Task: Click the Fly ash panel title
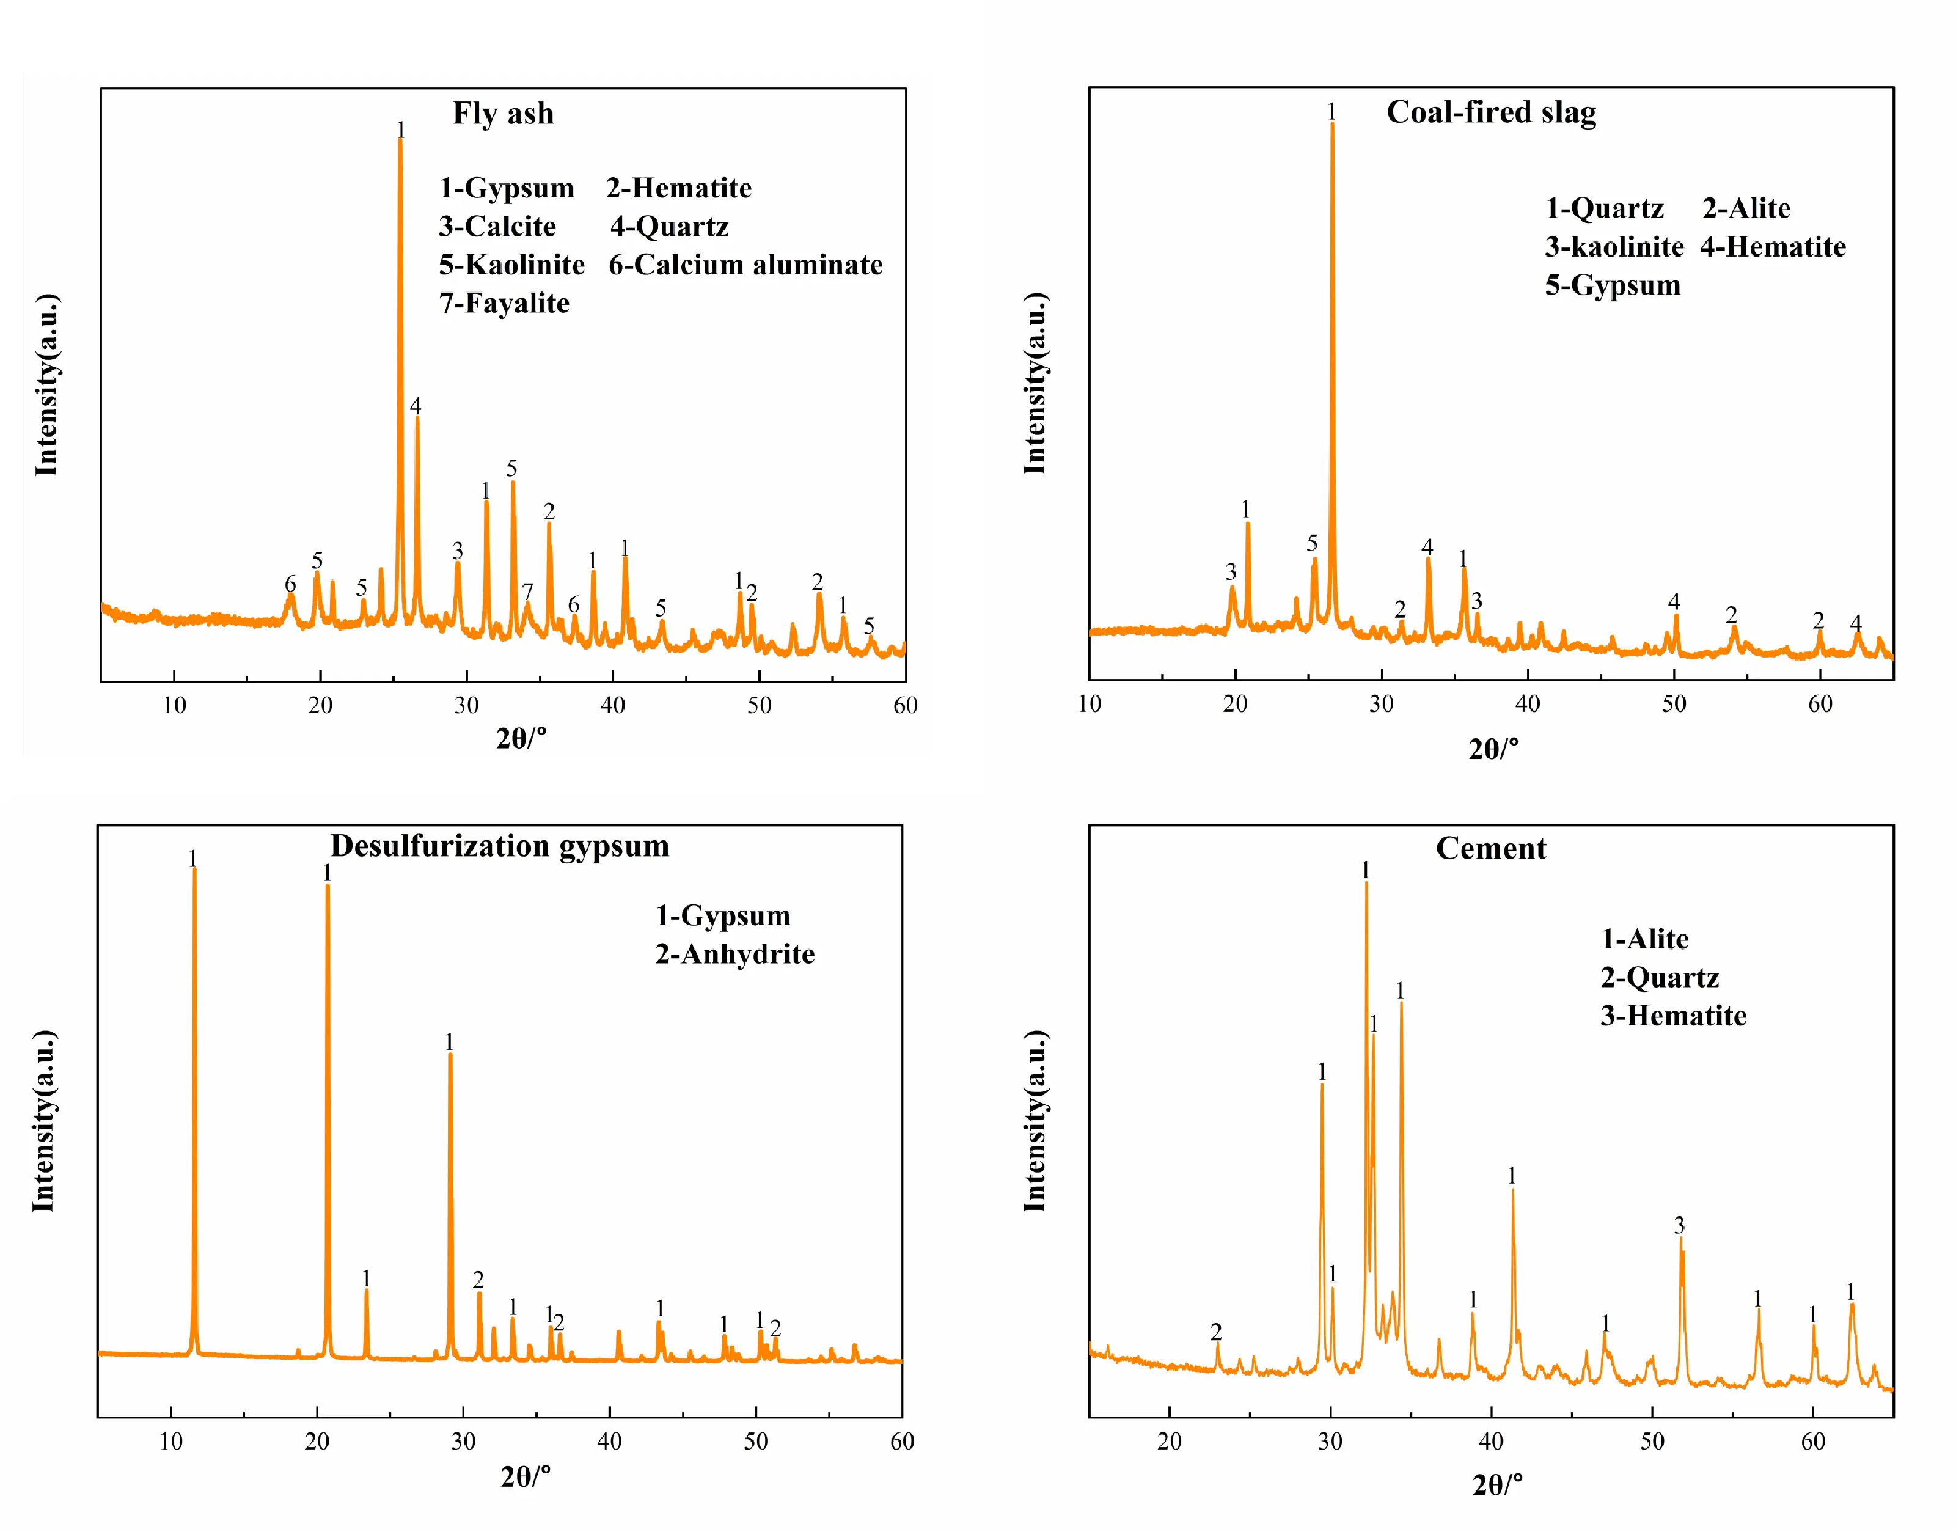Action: click(503, 114)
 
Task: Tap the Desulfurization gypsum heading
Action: click(499, 846)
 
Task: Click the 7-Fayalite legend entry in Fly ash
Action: click(504, 303)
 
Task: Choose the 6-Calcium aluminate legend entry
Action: click(745, 265)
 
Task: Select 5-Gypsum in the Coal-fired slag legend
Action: click(1613, 285)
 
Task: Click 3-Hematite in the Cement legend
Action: click(1674, 1016)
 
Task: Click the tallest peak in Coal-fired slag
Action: click(1331, 125)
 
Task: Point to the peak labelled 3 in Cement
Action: click(1680, 1241)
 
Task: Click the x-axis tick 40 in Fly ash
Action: click(612, 705)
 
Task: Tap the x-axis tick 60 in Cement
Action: click(1812, 1442)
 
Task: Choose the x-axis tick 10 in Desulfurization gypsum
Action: click(170, 1442)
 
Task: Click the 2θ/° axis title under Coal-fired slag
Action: click(1493, 748)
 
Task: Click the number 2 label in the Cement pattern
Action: click(1216, 1332)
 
